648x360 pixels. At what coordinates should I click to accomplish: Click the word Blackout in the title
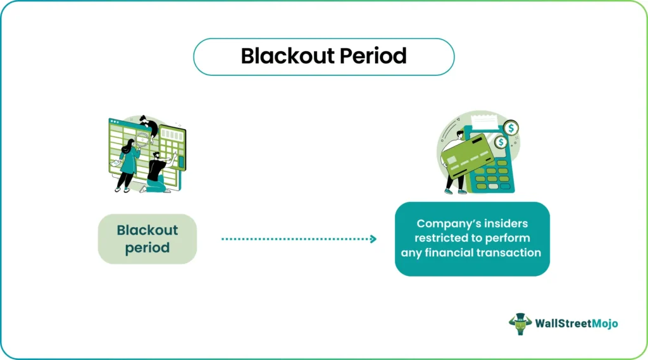pos(287,56)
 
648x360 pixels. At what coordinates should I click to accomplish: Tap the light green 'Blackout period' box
pos(147,239)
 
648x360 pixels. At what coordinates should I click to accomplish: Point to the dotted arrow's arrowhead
pos(373,239)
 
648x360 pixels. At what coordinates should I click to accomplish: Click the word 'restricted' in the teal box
pos(445,238)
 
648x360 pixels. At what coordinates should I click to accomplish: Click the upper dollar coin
pos(511,128)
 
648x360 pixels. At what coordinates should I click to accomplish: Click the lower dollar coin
pos(501,142)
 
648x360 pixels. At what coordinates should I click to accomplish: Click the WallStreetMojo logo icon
pos(520,324)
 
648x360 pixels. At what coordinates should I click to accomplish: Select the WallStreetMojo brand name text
pos(578,324)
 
